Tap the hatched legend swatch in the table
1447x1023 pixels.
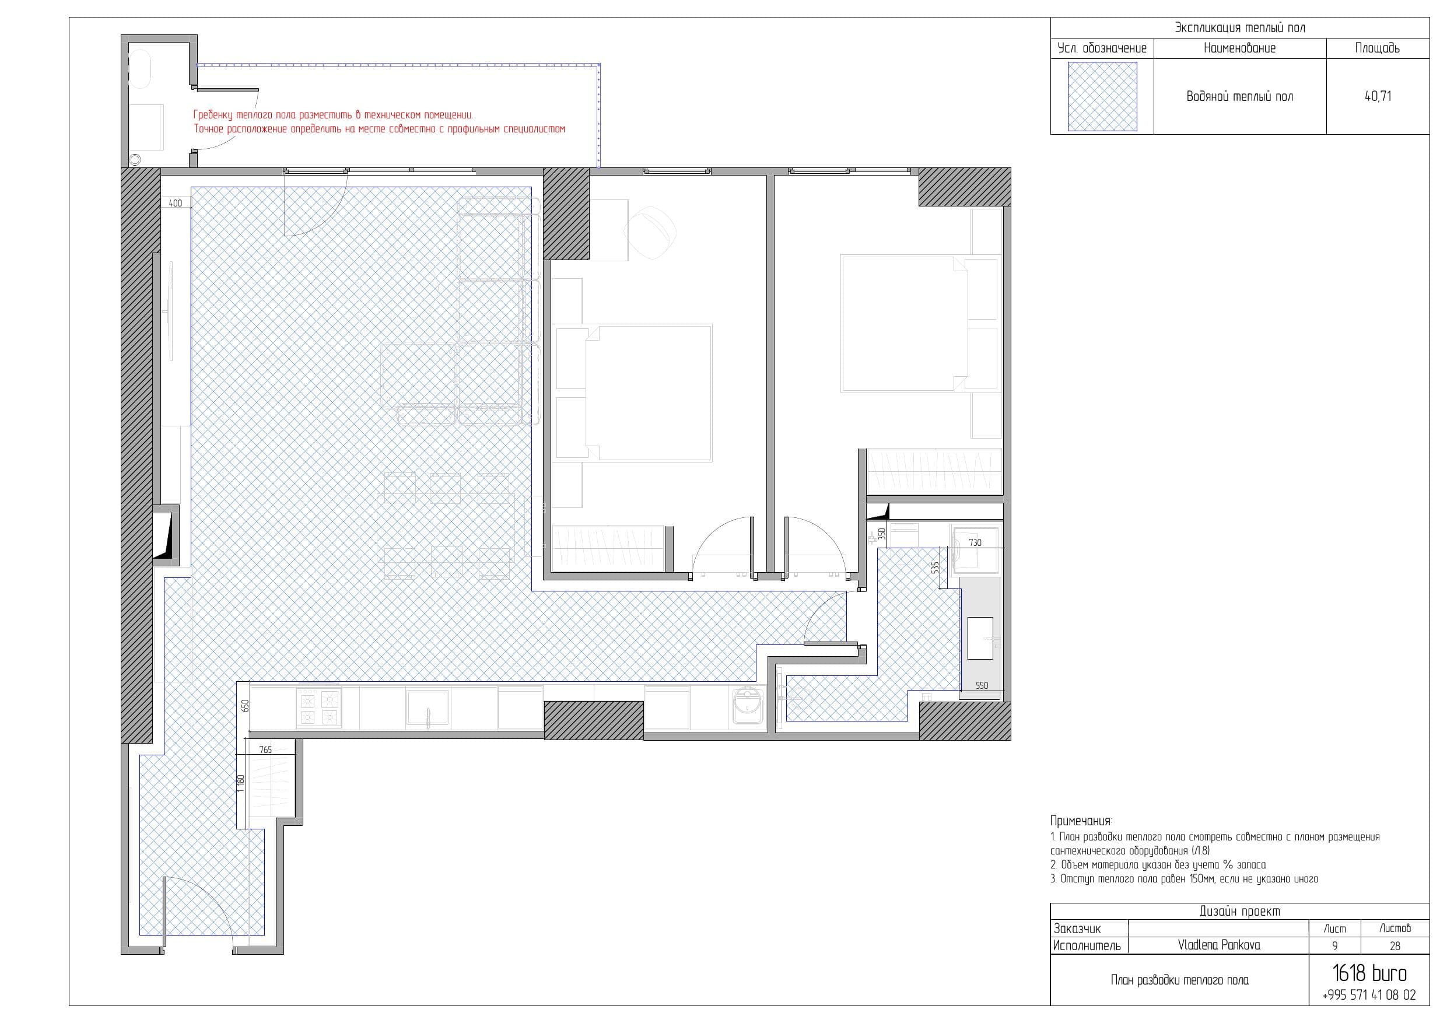tap(1102, 96)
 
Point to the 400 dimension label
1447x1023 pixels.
tap(176, 203)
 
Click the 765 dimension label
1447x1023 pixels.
tap(265, 749)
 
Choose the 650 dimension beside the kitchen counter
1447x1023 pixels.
tap(246, 705)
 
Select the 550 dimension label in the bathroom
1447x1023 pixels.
tap(982, 685)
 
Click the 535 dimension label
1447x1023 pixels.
tap(936, 567)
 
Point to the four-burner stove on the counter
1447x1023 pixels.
tap(319, 708)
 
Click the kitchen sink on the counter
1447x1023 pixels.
tap(428, 708)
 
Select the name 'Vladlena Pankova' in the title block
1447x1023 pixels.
tap(1219, 945)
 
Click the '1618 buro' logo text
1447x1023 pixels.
tap(1369, 974)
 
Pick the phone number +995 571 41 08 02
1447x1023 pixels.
tap(1369, 995)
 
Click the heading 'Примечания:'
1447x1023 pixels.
tap(1081, 821)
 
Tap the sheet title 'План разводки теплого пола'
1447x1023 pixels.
tap(1180, 980)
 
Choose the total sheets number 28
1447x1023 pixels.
tap(1395, 945)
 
